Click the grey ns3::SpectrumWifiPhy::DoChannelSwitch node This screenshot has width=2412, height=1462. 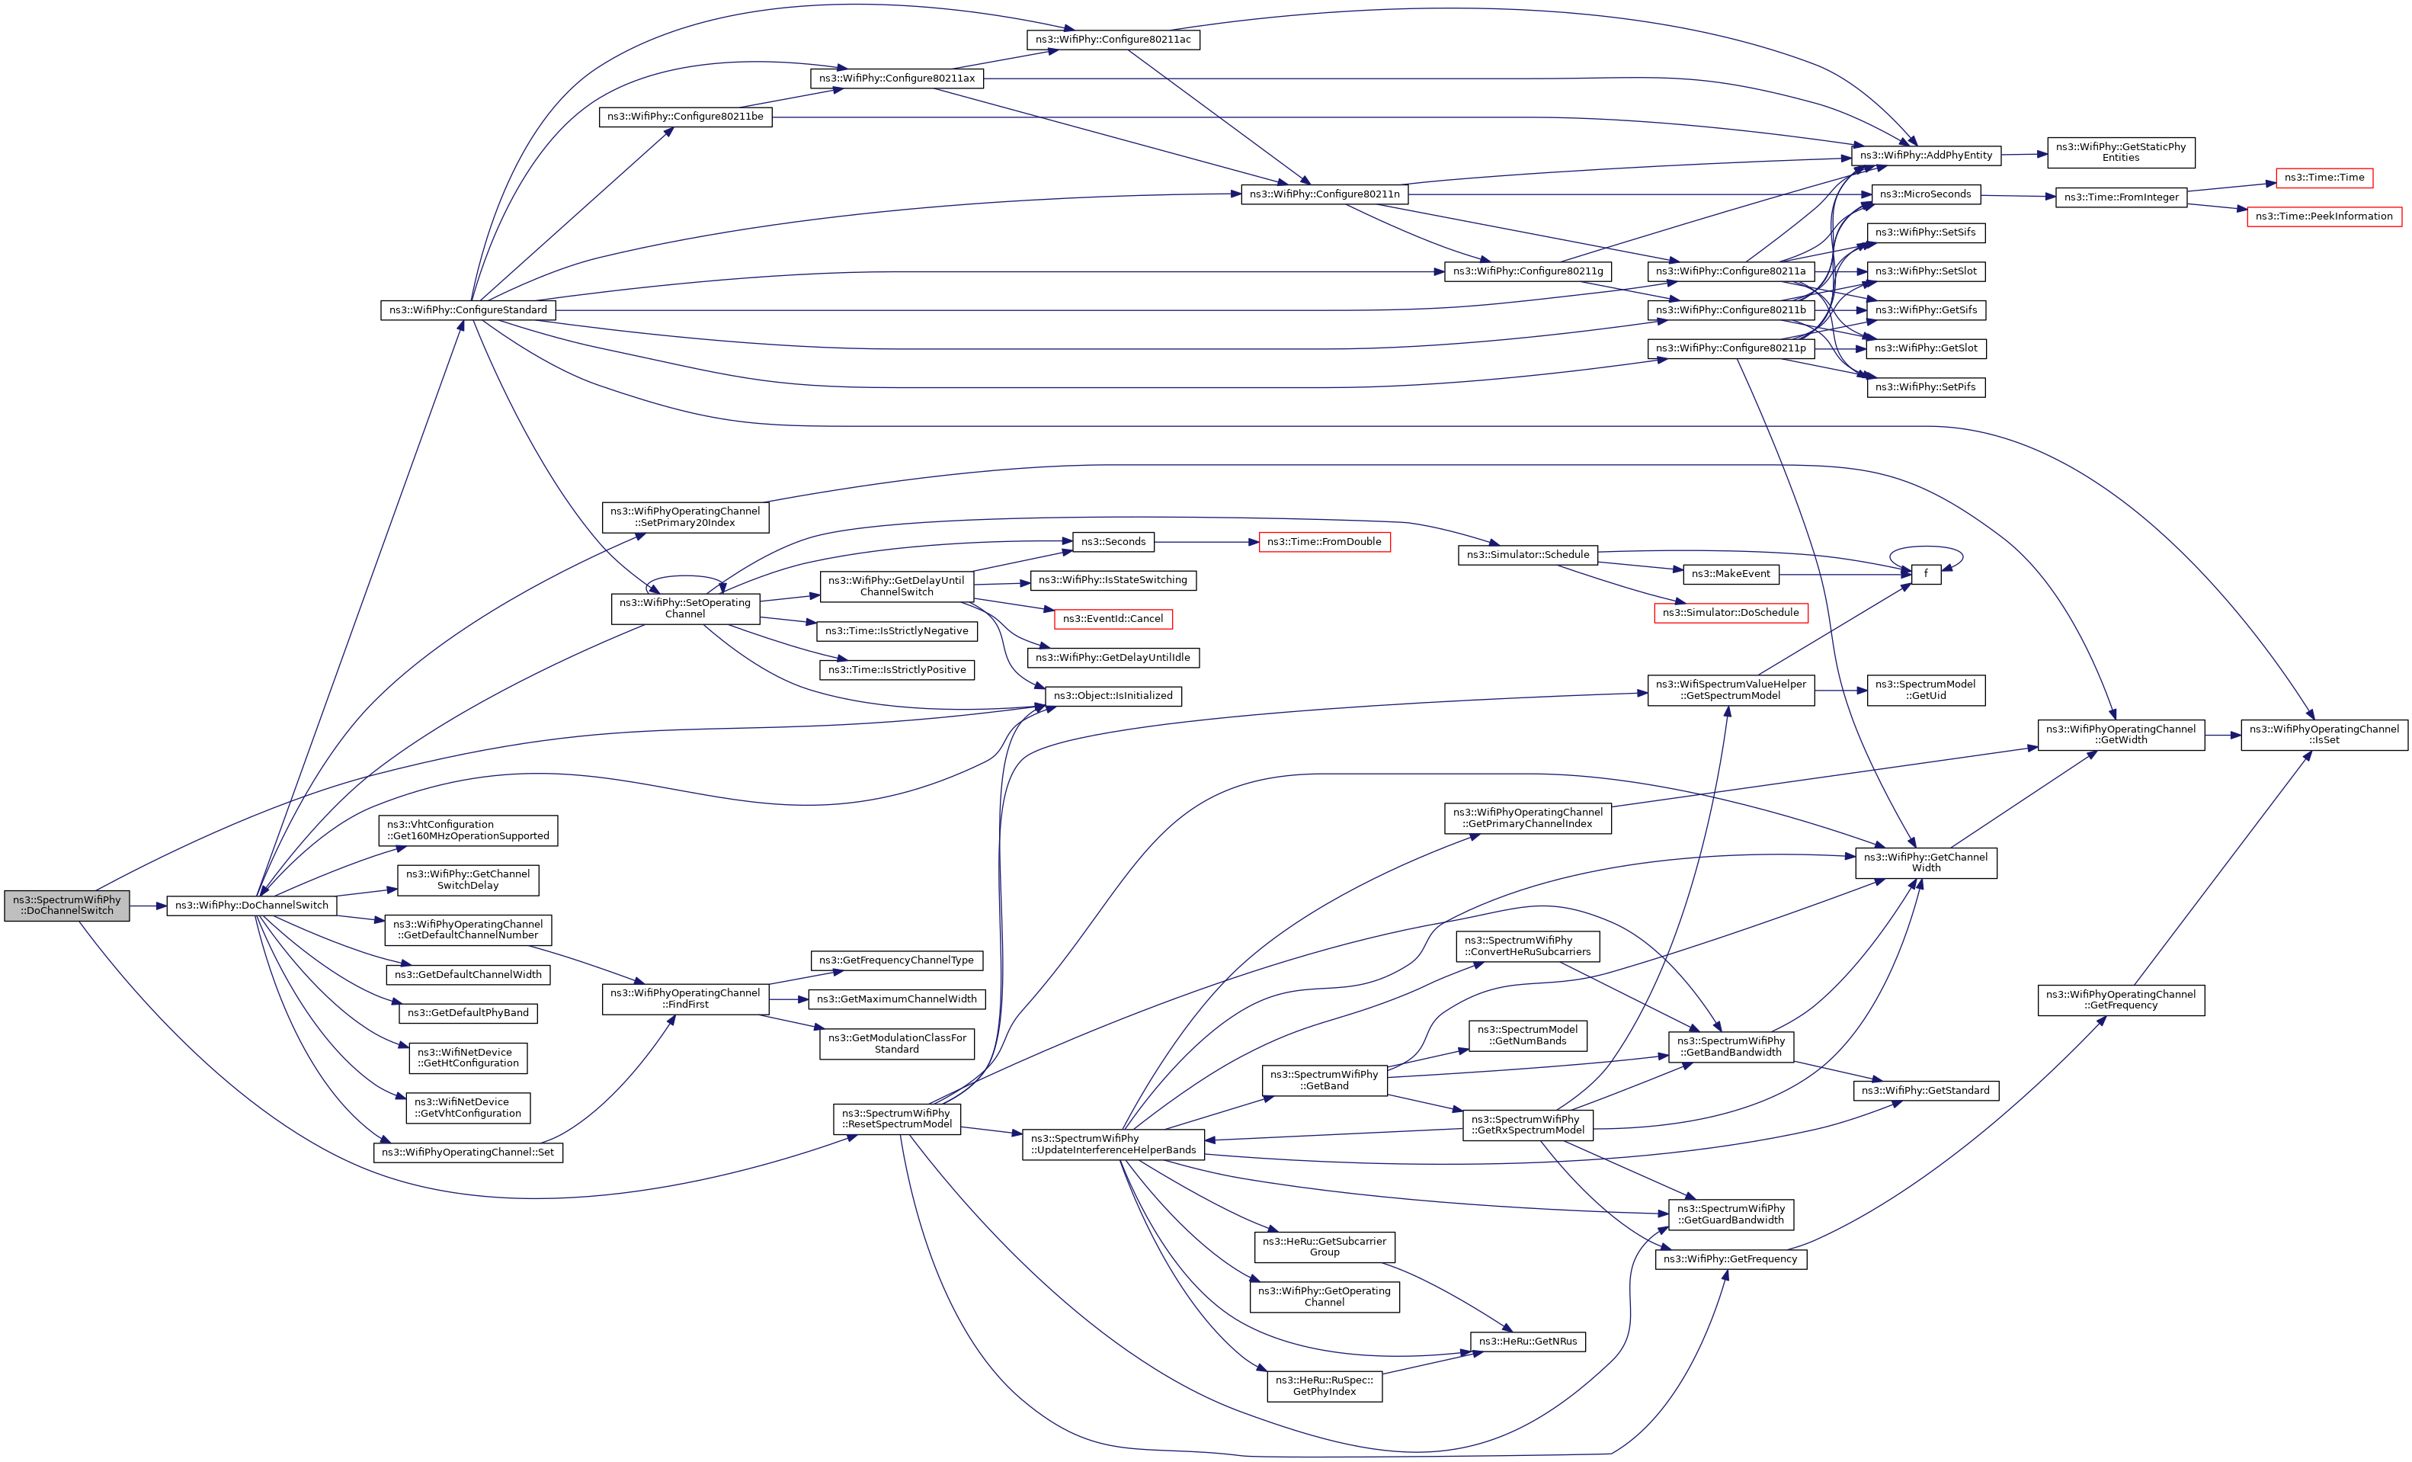coord(66,905)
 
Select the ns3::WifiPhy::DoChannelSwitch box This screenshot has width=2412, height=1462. coord(251,905)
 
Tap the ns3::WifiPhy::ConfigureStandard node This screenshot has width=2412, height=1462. coord(468,309)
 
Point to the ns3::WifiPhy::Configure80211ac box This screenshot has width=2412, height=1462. coord(1113,39)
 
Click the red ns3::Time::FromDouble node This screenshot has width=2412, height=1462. coord(1324,541)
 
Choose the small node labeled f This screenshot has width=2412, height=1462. coord(1926,574)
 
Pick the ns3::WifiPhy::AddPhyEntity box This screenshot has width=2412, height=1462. coord(1926,155)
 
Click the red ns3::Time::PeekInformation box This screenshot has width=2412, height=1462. coord(2323,216)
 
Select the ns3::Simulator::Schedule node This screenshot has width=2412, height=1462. coord(1527,554)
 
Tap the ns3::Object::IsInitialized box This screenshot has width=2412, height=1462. coord(1113,695)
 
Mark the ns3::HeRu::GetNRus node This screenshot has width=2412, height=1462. coord(1527,1341)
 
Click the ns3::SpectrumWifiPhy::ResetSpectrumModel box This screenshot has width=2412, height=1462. coord(897,1118)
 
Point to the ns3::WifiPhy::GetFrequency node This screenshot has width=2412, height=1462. coord(1730,1258)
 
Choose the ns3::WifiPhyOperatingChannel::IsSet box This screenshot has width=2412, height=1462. coord(2324,734)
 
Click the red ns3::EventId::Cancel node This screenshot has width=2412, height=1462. coord(1113,619)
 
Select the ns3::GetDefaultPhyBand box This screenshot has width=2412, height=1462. coord(468,1012)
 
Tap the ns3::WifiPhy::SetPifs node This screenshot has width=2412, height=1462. coord(1926,386)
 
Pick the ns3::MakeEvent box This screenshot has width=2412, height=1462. coord(1730,574)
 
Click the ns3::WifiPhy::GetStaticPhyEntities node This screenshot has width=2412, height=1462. coord(2120,152)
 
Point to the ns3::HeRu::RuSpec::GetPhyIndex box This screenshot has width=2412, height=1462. coord(1324,1386)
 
